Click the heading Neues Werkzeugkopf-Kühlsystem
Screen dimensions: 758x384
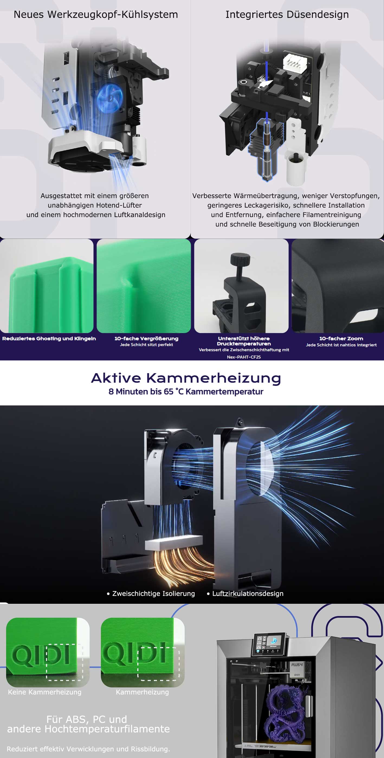[x=96, y=14]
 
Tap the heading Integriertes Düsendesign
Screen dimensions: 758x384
[x=287, y=14]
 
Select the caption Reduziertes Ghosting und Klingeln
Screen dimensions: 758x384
[x=49, y=338]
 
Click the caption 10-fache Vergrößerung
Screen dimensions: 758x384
[x=146, y=338]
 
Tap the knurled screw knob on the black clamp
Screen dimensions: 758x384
[x=240, y=259]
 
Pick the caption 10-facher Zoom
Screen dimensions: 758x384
[x=341, y=338]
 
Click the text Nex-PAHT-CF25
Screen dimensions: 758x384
[x=244, y=357]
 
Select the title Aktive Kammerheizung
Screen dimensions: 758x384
[x=186, y=378]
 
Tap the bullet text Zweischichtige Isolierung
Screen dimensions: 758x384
[x=153, y=594]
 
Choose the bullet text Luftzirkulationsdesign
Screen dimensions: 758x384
[x=248, y=594]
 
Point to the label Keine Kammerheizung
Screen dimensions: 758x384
[x=45, y=692]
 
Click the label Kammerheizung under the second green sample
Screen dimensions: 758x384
[x=143, y=692]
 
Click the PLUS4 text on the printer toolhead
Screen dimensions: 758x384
[x=297, y=665]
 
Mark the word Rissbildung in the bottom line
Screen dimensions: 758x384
[x=150, y=749]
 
